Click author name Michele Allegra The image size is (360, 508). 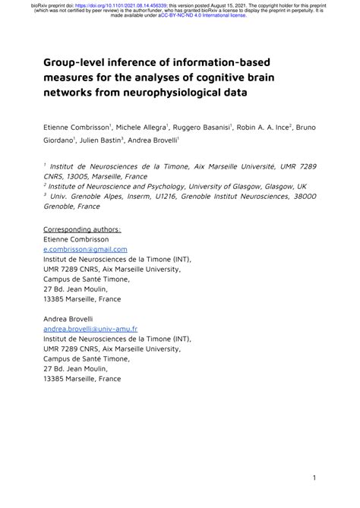[141, 127]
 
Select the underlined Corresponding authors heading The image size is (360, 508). [82, 229]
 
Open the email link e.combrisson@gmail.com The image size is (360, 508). [85, 248]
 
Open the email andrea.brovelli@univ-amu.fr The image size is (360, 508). [90, 329]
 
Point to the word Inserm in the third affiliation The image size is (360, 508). [134, 195]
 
